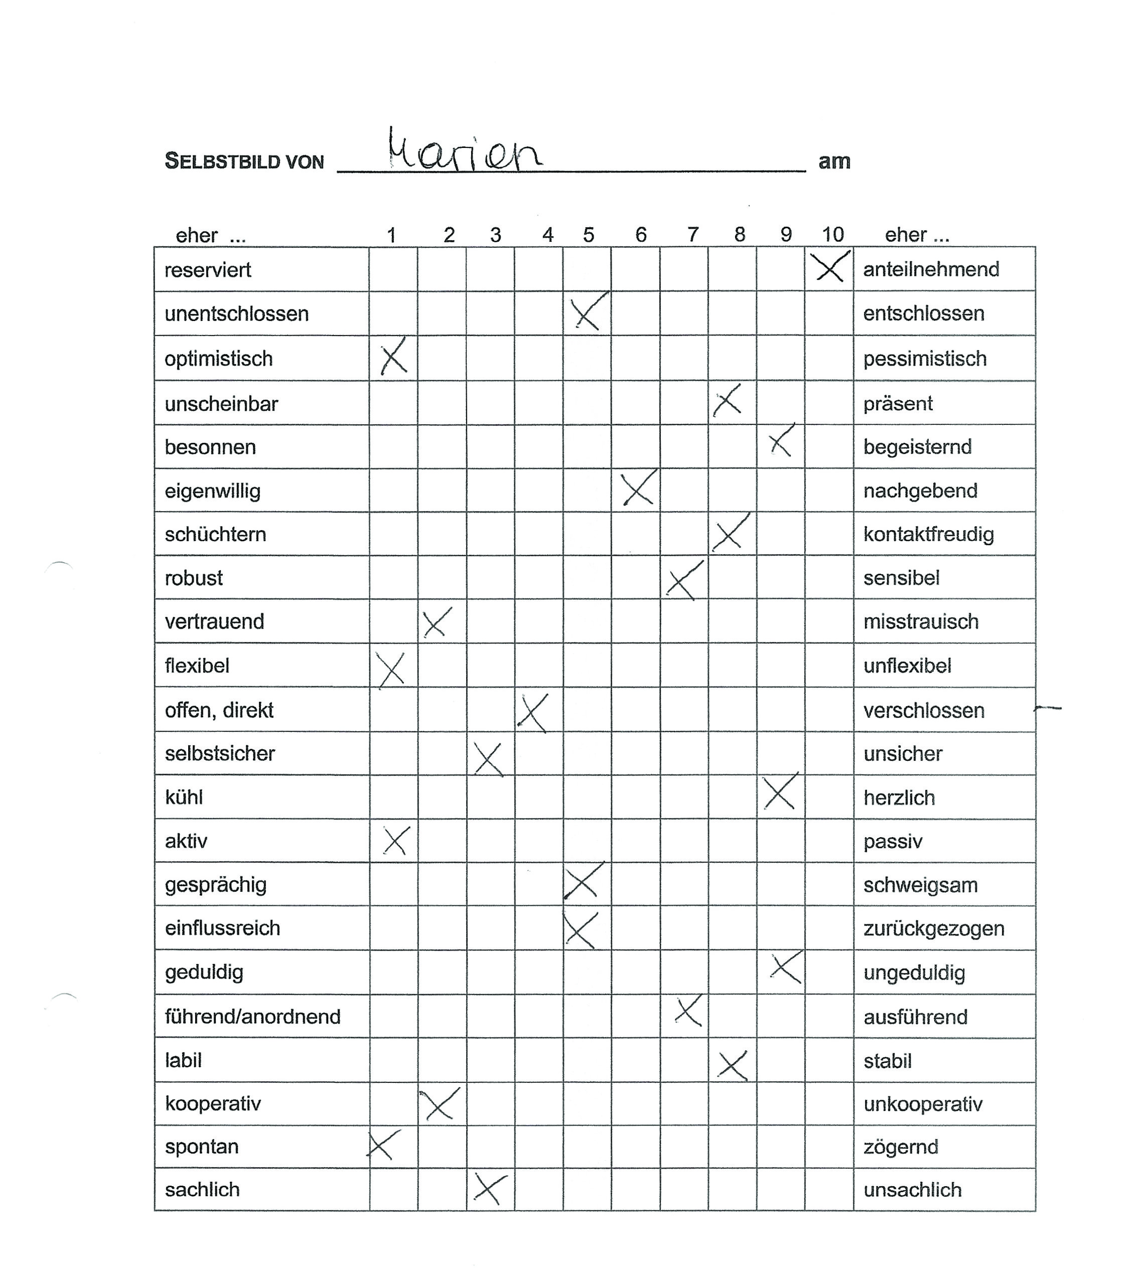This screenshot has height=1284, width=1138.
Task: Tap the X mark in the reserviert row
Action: (x=829, y=268)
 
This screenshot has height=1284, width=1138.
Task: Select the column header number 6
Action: (x=640, y=235)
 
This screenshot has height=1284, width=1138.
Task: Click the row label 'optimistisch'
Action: (x=219, y=359)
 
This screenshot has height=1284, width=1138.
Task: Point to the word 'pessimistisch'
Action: (x=924, y=359)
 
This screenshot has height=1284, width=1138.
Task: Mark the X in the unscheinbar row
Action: (x=727, y=401)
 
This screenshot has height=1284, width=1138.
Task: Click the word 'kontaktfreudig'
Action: (x=928, y=535)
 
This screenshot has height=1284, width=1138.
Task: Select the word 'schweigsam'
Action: (x=920, y=885)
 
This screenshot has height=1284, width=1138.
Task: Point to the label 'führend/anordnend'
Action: (x=252, y=1016)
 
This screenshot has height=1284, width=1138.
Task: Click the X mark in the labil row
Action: (x=732, y=1066)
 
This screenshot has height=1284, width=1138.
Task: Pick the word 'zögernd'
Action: (x=901, y=1147)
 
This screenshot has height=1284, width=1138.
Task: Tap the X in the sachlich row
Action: (x=490, y=1189)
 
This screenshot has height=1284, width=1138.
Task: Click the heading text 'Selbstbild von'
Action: (x=244, y=162)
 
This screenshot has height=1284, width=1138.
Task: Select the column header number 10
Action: (x=832, y=235)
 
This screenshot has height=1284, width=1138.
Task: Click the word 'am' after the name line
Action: (x=834, y=162)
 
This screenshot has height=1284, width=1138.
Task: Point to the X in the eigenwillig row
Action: (x=638, y=489)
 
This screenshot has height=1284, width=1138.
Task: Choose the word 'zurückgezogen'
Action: (x=934, y=928)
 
